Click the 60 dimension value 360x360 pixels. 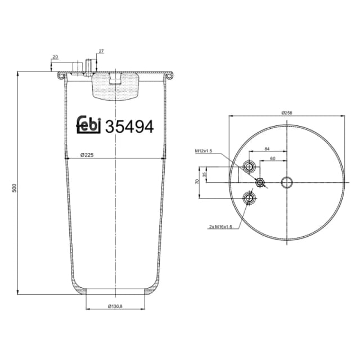[x=272, y=159]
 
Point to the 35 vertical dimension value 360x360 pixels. [x=205, y=174]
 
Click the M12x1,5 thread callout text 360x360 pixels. [x=203, y=151]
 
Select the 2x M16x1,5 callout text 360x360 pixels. [x=220, y=227]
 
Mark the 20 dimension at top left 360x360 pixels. [x=55, y=57]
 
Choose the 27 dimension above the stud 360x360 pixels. [x=101, y=51]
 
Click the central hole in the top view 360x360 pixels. [x=287, y=182]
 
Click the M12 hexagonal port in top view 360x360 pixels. [x=260, y=182]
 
